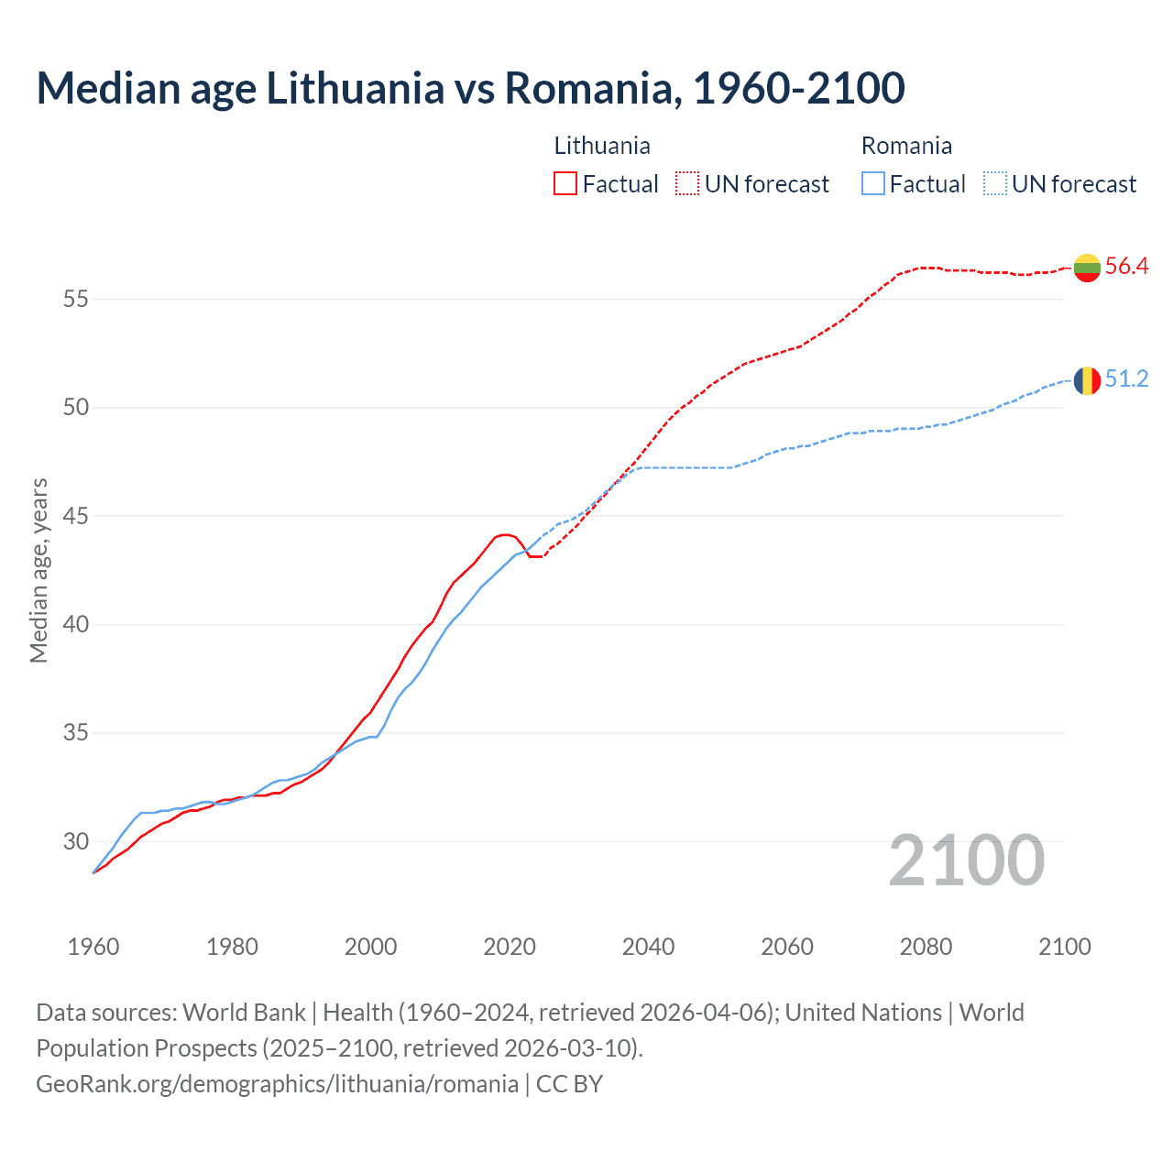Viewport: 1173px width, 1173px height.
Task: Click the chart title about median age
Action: click(x=470, y=88)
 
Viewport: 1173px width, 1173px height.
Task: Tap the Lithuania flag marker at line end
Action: click(x=1087, y=268)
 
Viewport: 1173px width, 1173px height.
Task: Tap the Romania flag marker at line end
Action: click(x=1087, y=380)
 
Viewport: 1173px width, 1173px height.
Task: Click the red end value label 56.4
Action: click(x=1126, y=267)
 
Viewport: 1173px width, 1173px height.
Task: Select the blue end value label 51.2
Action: click(x=1126, y=379)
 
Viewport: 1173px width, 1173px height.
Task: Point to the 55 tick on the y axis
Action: click(x=75, y=299)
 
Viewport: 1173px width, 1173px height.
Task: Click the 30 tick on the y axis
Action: click(x=75, y=841)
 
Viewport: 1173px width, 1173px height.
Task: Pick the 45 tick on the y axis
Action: click(x=75, y=516)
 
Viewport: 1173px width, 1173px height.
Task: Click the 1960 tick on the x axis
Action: click(x=93, y=947)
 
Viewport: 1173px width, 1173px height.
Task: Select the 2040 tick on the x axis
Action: click(x=648, y=947)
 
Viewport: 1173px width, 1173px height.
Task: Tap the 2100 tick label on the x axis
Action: click(x=1064, y=947)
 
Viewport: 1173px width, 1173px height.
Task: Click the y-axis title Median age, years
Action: click(x=38, y=570)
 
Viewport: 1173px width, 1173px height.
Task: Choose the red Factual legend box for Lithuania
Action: click(x=565, y=184)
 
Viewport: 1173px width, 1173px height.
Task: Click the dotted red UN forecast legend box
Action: click(x=687, y=184)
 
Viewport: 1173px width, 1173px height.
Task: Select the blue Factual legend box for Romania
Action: click(x=873, y=184)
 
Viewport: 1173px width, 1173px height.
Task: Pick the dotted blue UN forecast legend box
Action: click(x=994, y=184)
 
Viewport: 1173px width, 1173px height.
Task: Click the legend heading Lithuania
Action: click(x=602, y=146)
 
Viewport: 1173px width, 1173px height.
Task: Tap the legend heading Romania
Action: click(x=906, y=146)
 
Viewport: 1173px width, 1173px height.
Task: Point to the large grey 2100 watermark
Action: click(x=966, y=861)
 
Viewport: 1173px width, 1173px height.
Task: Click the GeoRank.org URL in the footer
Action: click(x=277, y=1084)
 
